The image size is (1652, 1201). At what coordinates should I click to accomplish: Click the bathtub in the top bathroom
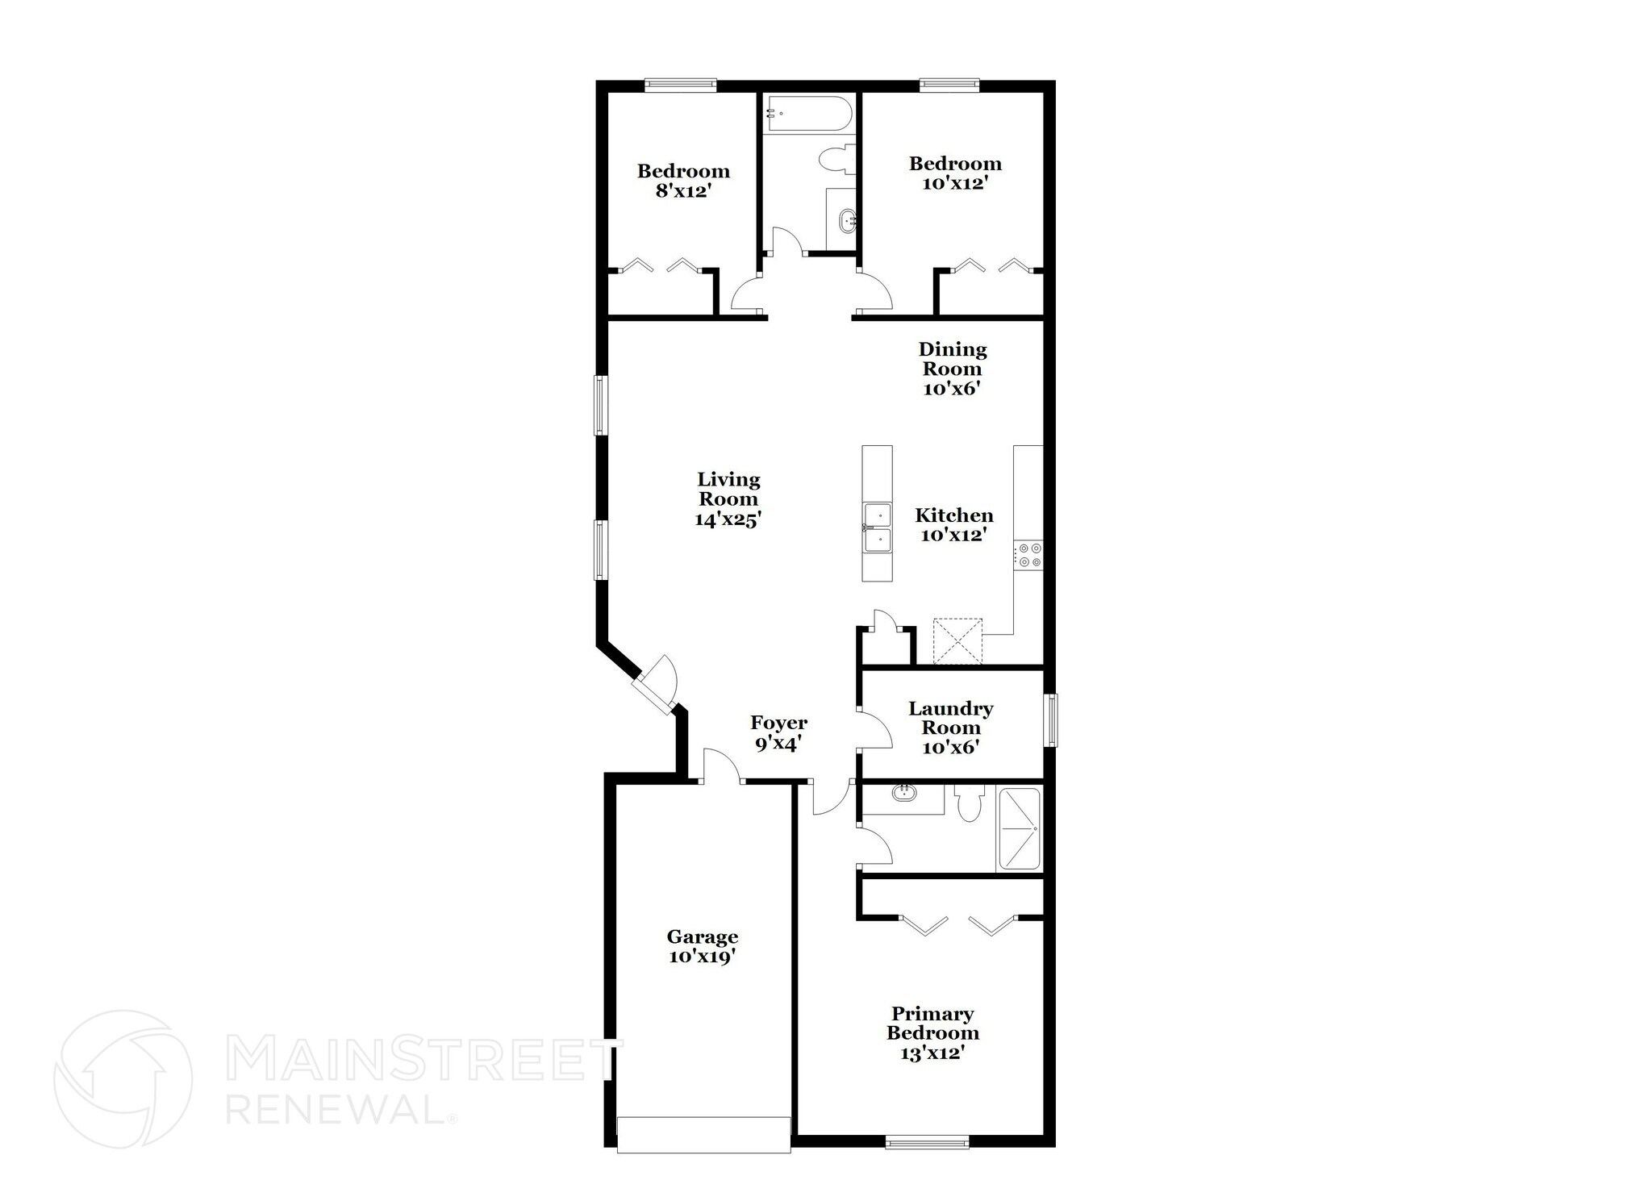(808, 115)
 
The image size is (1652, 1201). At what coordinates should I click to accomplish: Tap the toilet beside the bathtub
(836, 159)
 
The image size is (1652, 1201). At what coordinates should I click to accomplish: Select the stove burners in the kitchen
(1029, 555)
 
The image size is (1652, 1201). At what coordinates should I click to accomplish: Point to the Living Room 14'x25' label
(728, 499)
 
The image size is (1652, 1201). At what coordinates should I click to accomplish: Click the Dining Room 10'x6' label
(953, 369)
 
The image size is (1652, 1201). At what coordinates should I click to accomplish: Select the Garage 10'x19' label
(702, 946)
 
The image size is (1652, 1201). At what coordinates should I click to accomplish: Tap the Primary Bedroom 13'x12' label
(932, 1033)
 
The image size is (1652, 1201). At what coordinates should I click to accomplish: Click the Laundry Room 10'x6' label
(950, 728)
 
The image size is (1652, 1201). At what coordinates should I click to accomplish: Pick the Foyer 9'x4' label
(778, 732)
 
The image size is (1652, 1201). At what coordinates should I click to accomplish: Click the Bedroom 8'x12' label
(683, 181)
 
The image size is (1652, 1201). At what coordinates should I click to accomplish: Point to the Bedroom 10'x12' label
(955, 173)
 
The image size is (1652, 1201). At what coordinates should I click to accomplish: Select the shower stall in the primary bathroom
(1020, 829)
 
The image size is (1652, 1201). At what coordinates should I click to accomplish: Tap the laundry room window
(1051, 719)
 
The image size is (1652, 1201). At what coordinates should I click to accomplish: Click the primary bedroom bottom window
(927, 1141)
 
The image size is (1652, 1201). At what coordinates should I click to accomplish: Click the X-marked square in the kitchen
(957, 641)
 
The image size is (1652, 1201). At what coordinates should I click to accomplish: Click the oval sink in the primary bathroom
(904, 793)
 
